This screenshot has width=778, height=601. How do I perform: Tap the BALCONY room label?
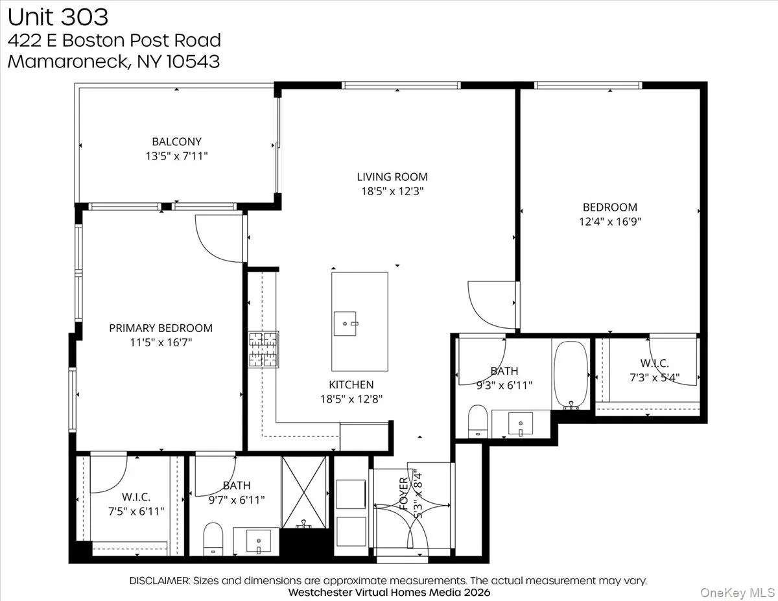point(176,141)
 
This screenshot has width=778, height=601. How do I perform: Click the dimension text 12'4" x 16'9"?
point(609,220)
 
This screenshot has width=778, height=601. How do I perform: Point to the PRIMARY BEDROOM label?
point(160,328)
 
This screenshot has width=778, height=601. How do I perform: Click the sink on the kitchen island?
point(344,321)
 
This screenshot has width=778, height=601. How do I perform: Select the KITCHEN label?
point(351,385)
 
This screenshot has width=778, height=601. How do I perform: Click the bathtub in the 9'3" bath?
point(571,375)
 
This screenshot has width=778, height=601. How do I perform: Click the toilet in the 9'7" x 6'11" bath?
point(213,539)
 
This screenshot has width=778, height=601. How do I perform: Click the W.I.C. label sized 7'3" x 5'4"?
point(654,364)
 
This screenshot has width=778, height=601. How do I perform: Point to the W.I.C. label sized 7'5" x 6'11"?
point(136,497)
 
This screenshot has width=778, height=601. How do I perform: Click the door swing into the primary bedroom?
point(218,239)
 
